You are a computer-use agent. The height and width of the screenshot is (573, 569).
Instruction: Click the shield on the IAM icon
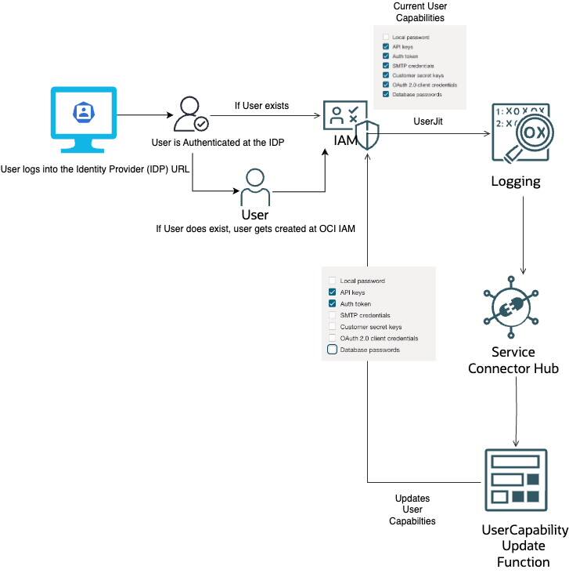tap(367, 135)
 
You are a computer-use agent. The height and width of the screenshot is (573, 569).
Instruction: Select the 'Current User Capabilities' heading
tap(420, 12)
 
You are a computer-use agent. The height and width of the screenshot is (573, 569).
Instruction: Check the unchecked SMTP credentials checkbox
tap(333, 315)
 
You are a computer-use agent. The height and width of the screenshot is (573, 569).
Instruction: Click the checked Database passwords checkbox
tap(386, 94)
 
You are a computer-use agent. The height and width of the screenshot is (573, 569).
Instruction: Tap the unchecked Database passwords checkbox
tap(333, 350)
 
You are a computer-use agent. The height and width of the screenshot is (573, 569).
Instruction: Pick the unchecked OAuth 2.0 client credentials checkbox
tap(333, 338)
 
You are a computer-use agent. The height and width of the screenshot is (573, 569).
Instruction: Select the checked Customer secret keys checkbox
tap(386, 75)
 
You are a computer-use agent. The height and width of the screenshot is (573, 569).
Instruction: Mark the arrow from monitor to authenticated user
tap(145, 115)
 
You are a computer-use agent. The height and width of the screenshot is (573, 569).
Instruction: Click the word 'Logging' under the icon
tap(515, 182)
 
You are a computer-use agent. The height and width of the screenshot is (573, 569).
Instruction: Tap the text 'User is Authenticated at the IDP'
tap(217, 143)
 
